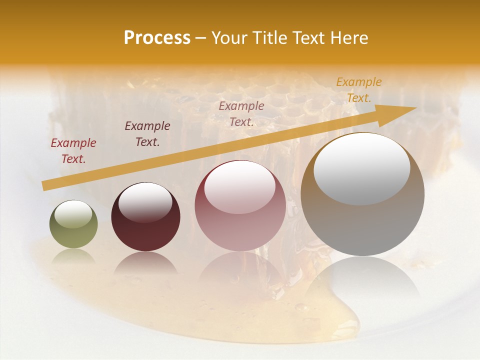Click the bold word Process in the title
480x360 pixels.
click(x=157, y=38)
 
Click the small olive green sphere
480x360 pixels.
click(x=73, y=224)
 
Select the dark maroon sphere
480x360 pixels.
click(x=145, y=217)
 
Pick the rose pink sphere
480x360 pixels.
click(x=240, y=205)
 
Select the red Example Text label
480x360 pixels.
click(x=73, y=151)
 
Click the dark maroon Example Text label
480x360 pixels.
click(x=147, y=134)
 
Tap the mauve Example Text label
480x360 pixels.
click(x=241, y=113)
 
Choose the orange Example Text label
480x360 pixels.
click(x=358, y=90)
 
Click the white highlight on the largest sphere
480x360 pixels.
click(x=361, y=167)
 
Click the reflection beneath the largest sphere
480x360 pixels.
click(x=362, y=280)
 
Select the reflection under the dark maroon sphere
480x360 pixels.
click(x=145, y=262)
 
